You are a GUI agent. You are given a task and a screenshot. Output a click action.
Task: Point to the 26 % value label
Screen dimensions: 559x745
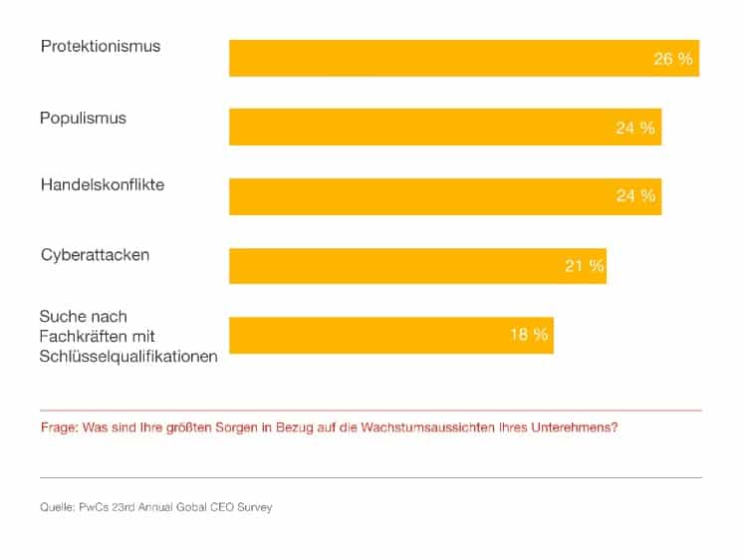[x=672, y=59]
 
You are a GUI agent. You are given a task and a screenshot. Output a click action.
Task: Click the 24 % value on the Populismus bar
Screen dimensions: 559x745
[x=635, y=128]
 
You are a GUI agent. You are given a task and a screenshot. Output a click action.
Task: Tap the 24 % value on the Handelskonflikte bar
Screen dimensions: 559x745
[x=635, y=196]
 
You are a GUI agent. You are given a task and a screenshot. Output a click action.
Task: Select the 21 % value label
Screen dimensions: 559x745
[x=585, y=266]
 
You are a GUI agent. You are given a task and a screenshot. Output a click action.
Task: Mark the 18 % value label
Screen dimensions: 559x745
[x=529, y=335]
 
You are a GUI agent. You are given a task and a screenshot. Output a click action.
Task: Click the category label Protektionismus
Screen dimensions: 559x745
[x=100, y=47]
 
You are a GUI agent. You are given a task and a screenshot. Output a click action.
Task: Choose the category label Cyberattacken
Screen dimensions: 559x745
[x=95, y=255]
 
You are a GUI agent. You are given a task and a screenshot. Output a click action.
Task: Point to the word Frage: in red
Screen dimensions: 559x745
[x=60, y=427]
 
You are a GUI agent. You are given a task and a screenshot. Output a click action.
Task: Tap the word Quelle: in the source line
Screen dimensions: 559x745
[x=56, y=507]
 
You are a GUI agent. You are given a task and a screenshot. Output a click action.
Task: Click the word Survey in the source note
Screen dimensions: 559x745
[x=254, y=507]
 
